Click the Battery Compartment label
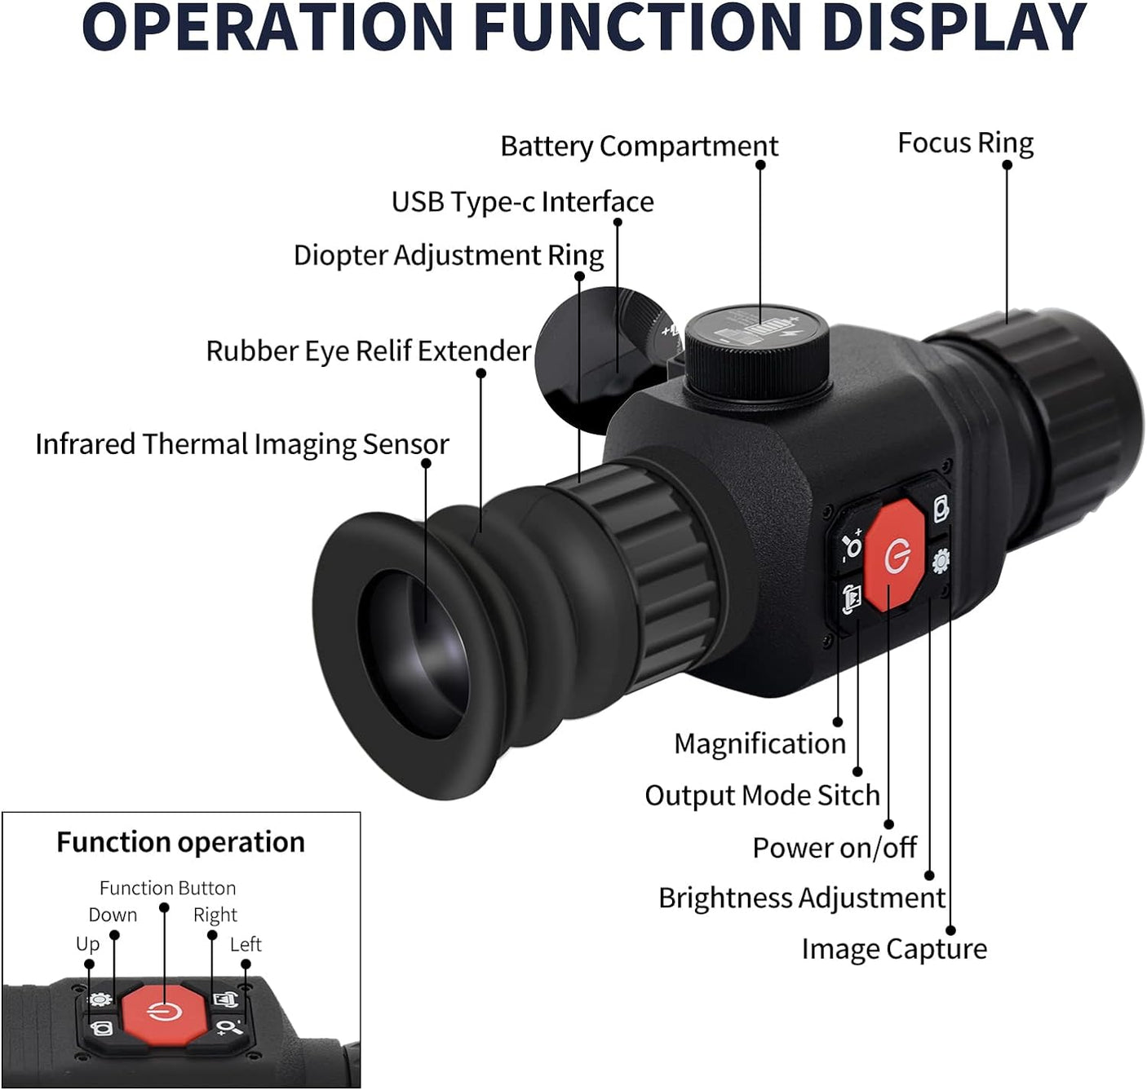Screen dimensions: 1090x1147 (639, 147)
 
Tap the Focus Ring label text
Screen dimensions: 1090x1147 (965, 143)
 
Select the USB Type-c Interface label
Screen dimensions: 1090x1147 (522, 201)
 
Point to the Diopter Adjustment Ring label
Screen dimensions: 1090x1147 (448, 255)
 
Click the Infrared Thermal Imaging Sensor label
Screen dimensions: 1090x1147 (241, 444)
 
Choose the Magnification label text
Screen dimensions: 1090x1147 (759, 744)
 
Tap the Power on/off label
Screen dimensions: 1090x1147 (834, 848)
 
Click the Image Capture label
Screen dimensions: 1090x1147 (893, 949)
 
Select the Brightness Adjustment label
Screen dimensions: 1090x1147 (801, 898)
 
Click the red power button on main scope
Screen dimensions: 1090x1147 (895, 556)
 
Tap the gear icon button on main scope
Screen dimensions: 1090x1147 (941, 560)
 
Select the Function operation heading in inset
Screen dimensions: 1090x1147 (180, 841)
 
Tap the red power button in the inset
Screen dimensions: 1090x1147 (164, 1012)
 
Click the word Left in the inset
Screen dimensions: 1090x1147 (246, 944)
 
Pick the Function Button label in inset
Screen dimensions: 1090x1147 (167, 888)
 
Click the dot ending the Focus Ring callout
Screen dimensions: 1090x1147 (1007, 165)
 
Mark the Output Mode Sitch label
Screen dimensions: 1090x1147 (762, 796)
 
